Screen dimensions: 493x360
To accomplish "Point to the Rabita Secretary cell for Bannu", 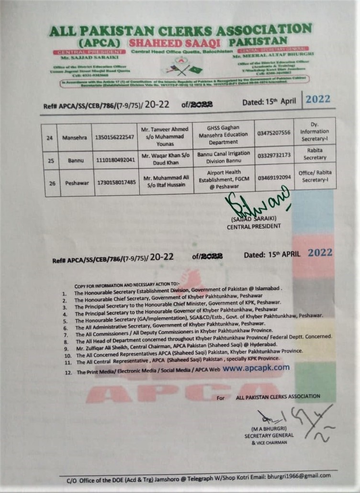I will (315, 154).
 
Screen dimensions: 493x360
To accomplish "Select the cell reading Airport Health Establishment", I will (224, 179).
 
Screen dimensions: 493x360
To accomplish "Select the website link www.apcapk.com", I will (256, 367).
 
